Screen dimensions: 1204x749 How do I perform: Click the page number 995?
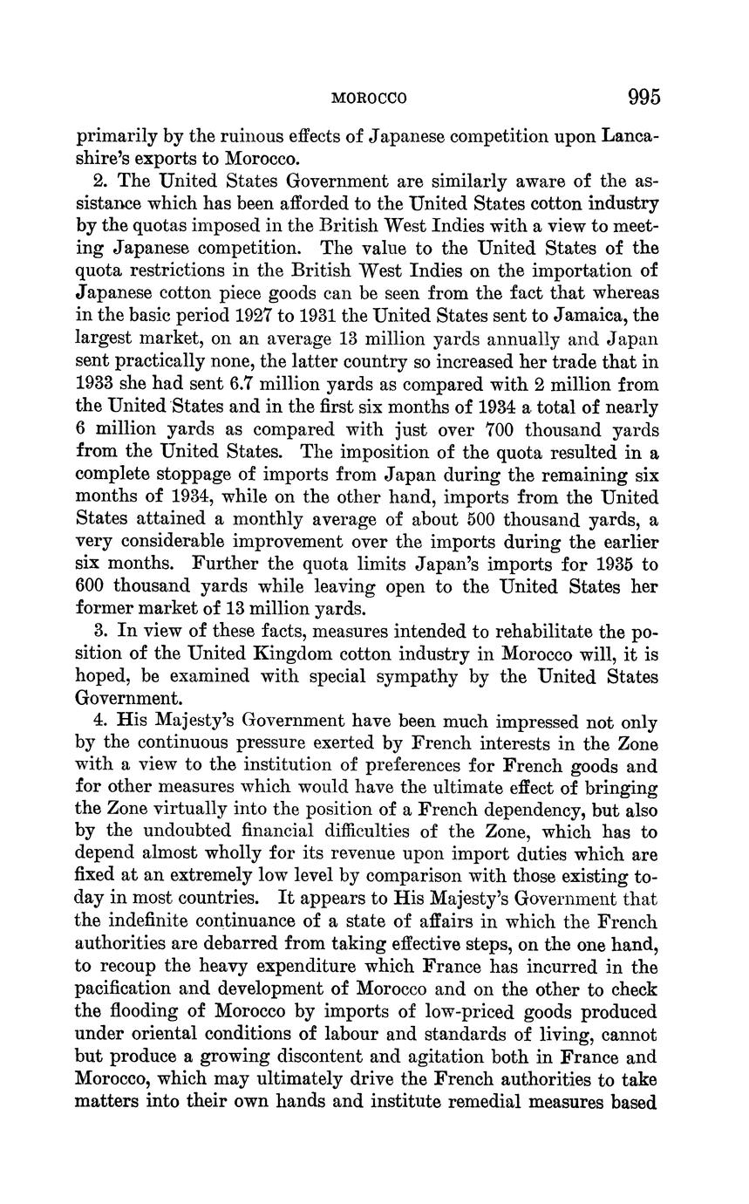coord(643,97)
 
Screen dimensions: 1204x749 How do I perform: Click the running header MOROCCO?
coord(370,99)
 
